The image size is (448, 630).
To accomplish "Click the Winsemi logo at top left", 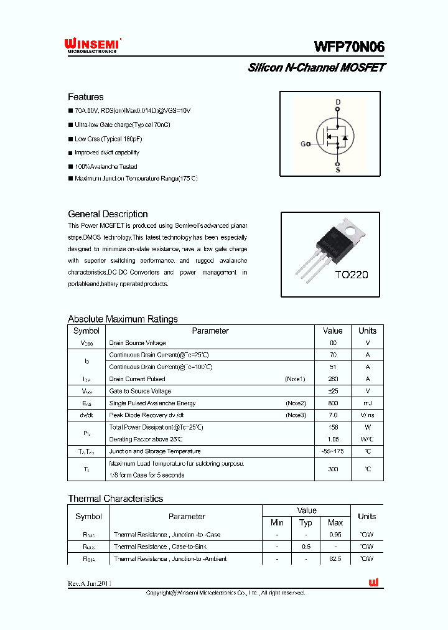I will click(x=92, y=45).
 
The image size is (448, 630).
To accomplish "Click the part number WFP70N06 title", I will click(x=349, y=47).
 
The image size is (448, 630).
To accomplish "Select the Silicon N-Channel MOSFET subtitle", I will click(x=317, y=68).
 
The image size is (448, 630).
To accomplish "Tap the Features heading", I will click(x=85, y=97).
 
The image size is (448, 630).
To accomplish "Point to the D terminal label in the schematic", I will click(x=338, y=101).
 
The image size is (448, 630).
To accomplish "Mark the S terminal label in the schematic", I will click(x=338, y=169).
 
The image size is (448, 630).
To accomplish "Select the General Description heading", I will click(x=108, y=214).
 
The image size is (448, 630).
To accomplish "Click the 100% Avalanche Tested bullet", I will click(x=105, y=167).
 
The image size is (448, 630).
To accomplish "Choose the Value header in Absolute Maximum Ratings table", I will click(x=332, y=331).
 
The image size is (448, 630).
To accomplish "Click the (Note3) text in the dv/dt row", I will click(x=296, y=415).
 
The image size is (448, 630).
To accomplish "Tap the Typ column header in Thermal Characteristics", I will click(x=306, y=523).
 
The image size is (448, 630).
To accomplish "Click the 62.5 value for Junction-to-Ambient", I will click(x=335, y=559).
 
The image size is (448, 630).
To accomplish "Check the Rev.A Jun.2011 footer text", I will click(x=90, y=583).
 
